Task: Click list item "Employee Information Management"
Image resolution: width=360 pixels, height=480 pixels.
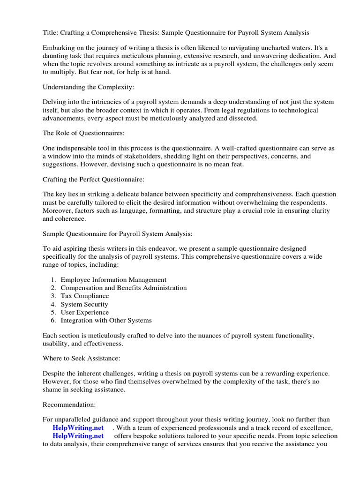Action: [x=113, y=280]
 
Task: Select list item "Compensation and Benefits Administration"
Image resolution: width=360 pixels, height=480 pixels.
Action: [x=124, y=288]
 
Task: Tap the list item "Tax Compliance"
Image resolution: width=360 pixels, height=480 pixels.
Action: [x=85, y=296]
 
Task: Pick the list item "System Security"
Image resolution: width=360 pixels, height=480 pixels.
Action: [x=84, y=304]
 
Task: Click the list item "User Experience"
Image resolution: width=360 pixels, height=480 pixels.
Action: [x=85, y=312]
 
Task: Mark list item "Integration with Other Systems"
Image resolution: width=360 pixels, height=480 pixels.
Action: [x=106, y=320]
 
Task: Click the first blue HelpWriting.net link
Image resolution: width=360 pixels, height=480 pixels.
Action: [x=78, y=428]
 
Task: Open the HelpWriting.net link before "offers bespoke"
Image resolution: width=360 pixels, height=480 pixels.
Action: [x=78, y=436]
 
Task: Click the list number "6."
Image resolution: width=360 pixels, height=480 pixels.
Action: [x=53, y=320]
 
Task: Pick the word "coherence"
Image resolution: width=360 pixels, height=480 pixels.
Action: [x=71, y=218]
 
